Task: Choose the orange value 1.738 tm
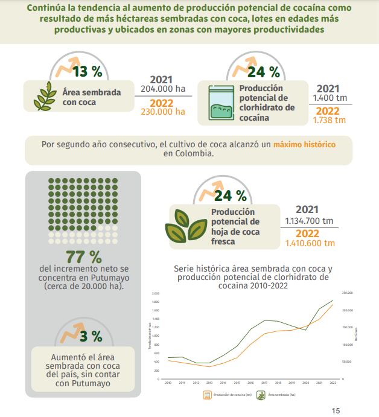[x=330, y=120]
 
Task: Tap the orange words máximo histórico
[x=304, y=145]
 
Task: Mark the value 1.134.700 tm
[x=310, y=220]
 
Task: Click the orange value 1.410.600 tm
[x=310, y=243]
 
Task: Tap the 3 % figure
[x=91, y=336]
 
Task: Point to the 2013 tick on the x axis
[x=209, y=383]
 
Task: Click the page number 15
[x=336, y=410]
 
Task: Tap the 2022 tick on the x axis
[x=333, y=383]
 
